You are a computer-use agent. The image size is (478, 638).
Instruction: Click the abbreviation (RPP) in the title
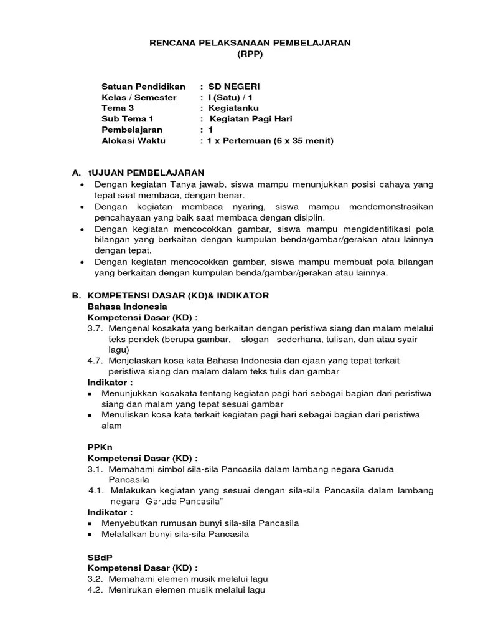pyautogui.click(x=250, y=54)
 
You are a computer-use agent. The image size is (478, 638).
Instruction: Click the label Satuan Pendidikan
pyautogui.click(x=143, y=87)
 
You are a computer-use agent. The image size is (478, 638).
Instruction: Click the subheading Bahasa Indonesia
pyautogui.click(x=127, y=307)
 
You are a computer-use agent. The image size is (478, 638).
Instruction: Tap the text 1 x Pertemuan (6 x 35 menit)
pyautogui.click(x=271, y=140)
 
